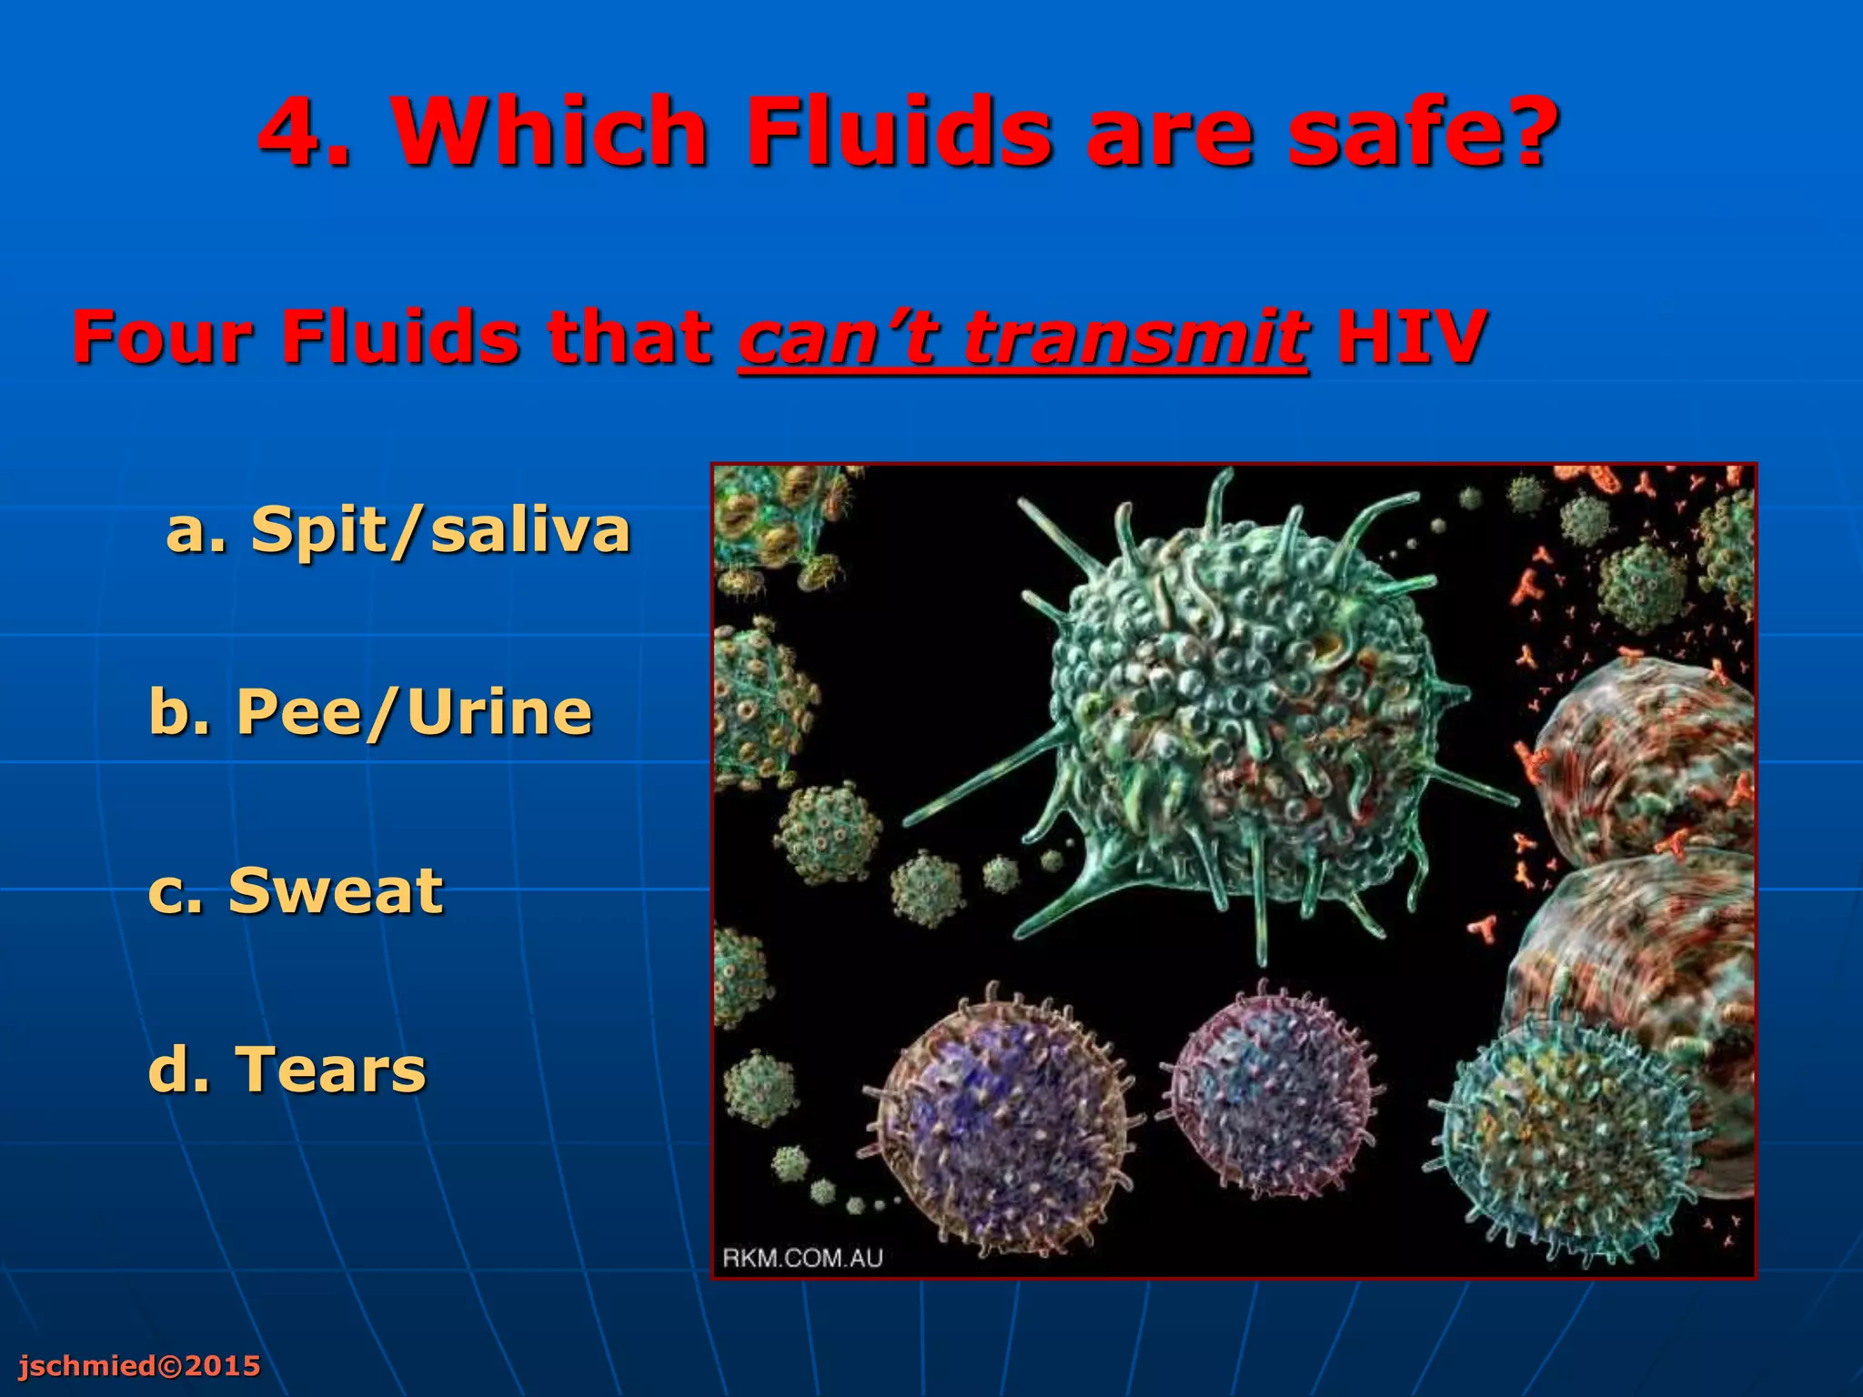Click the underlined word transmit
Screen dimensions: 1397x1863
1136,337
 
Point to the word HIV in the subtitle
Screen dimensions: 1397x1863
1411,337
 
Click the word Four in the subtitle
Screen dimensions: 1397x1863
161,337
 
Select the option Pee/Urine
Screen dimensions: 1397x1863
414,711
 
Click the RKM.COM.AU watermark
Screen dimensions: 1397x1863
802,1258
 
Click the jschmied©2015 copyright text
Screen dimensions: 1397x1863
139,1365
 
